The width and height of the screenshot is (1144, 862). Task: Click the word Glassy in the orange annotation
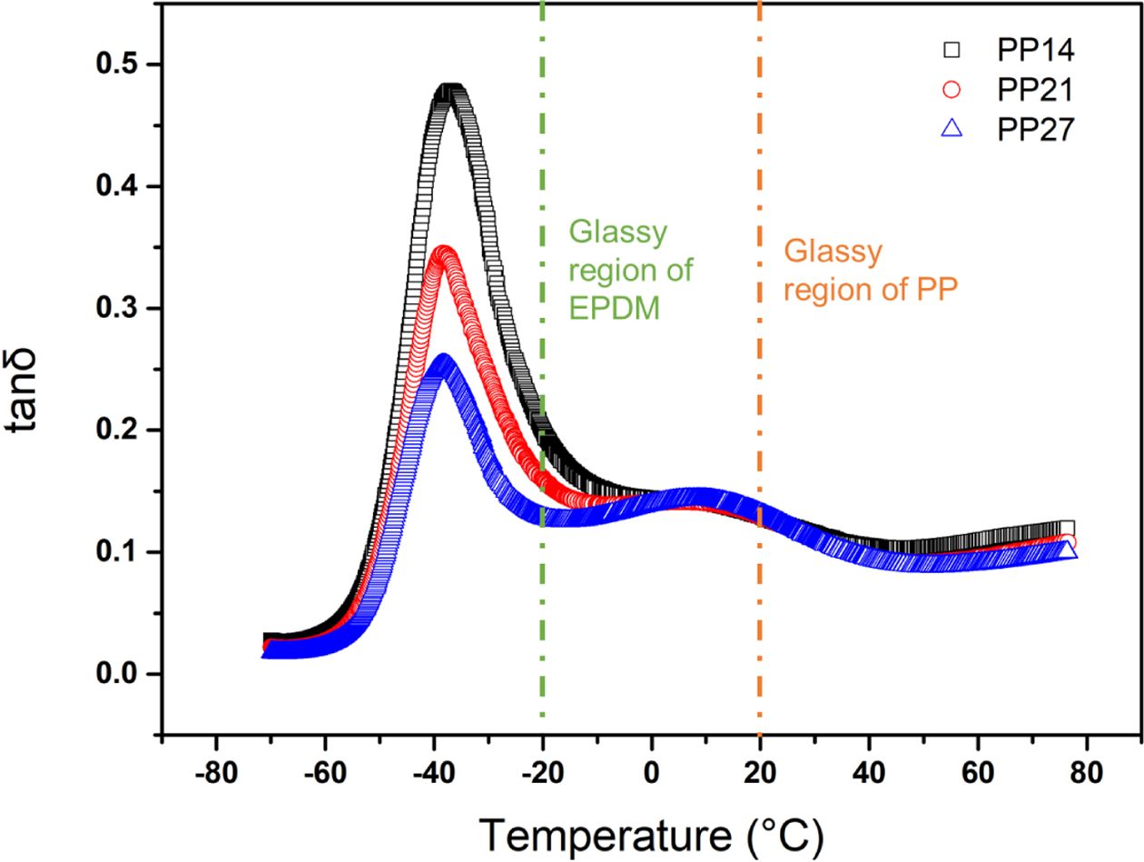tap(833, 252)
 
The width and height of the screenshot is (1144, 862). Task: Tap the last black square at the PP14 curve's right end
tap(1067, 528)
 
